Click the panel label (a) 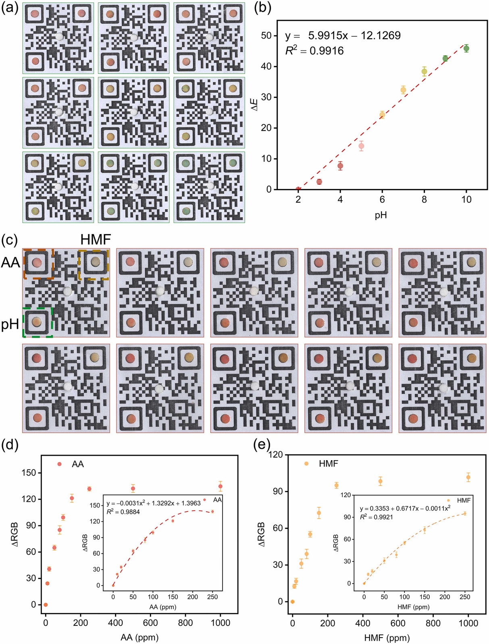pyautogui.click(x=10, y=8)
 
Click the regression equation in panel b pyautogui.click(x=343, y=35)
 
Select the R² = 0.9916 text pyautogui.click(x=314, y=51)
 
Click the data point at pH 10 pyautogui.click(x=466, y=48)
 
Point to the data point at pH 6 pyautogui.click(x=382, y=115)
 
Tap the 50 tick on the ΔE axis pyautogui.click(x=266, y=35)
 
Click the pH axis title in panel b pyautogui.click(x=381, y=215)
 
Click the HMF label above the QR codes pyautogui.click(x=96, y=240)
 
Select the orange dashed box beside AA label pyautogui.click(x=38, y=264)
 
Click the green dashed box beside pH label pyautogui.click(x=37, y=322)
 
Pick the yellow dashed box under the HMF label pyautogui.click(x=94, y=264)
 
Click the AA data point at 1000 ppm pyautogui.click(x=221, y=486)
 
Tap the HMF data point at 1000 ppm pyautogui.click(x=468, y=478)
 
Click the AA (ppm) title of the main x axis pyautogui.click(x=139, y=637)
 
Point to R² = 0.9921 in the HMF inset pyautogui.click(x=377, y=517)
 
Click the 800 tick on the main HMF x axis pyautogui.click(x=433, y=623)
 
